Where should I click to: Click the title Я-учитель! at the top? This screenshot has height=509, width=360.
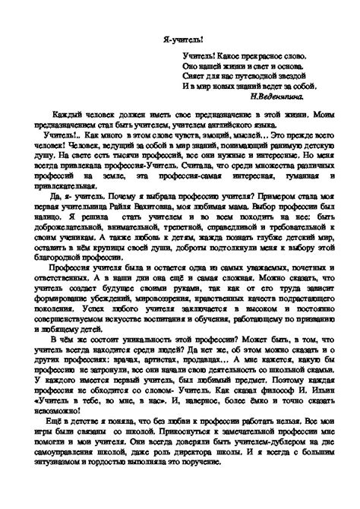click(x=180, y=36)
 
